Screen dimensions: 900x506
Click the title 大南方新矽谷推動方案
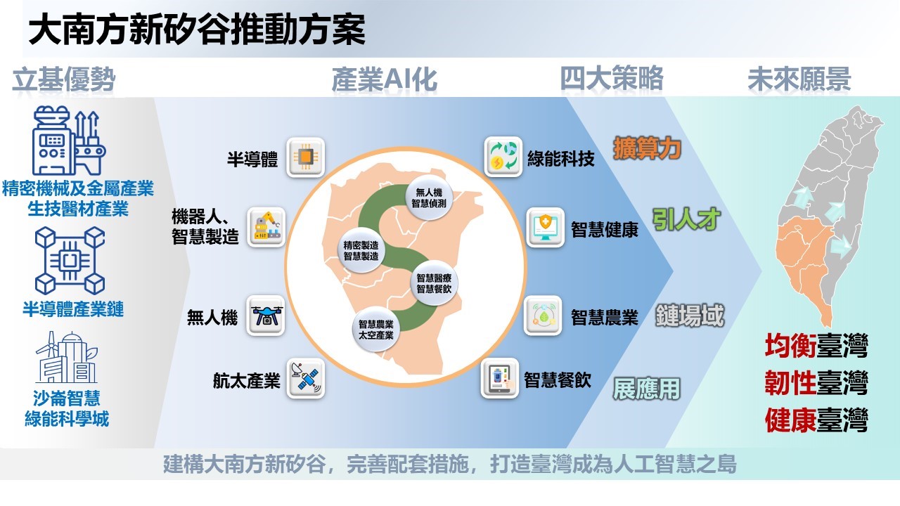click(x=197, y=29)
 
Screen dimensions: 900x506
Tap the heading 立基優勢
click(x=64, y=79)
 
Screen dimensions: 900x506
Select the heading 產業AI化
click(x=384, y=79)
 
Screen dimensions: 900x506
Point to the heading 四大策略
click(x=612, y=78)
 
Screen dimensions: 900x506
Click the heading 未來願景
click(x=799, y=79)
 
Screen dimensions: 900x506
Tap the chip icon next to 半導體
click(x=305, y=157)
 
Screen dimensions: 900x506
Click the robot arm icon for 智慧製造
click(x=266, y=227)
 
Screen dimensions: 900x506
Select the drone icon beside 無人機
click(x=266, y=316)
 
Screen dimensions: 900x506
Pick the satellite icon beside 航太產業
click(x=306, y=378)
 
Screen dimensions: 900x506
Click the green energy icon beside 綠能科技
click(x=503, y=157)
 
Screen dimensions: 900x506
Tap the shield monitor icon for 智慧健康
click(x=545, y=227)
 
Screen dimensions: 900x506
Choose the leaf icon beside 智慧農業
click(x=543, y=316)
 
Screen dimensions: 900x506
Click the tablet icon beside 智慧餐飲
click(x=499, y=378)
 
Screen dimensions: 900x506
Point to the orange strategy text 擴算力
click(x=647, y=148)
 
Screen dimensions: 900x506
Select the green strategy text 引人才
click(x=686, y=219)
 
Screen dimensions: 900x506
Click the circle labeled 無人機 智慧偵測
click(x=429, y=198)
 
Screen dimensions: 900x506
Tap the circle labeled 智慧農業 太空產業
click(x=376, y=330)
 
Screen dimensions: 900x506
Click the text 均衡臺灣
click(x=816, y=346)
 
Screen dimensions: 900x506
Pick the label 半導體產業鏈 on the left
click(x=73, y=309)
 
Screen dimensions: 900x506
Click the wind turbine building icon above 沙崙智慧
click(x=67, y=358)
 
